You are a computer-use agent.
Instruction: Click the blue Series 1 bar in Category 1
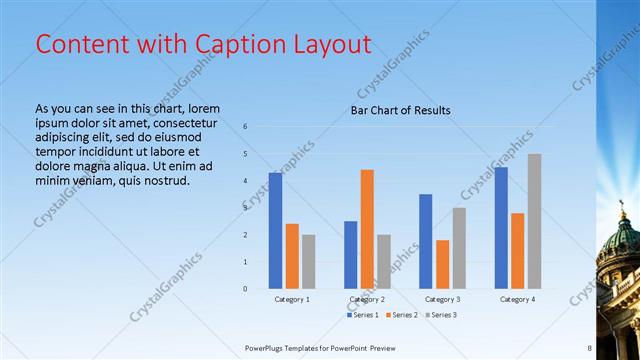pos(275,231)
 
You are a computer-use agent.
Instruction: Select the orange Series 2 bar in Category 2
pos(367,229)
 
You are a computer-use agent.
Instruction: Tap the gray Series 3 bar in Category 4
pos(534,221)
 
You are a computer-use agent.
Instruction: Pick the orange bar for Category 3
pos(442,264)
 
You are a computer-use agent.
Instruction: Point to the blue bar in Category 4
pos(500,227)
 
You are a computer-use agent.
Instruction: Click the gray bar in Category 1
pos(308,261)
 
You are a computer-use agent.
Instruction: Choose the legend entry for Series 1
pos(363,315)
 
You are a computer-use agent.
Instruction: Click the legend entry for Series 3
pos(441,315)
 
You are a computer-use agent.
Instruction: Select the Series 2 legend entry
pos(402,315)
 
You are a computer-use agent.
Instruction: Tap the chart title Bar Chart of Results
pos(400,111)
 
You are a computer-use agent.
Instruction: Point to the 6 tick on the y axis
pos(245,126)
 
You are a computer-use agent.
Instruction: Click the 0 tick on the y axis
pos(245,289)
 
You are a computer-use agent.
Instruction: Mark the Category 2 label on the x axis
pos(367,299)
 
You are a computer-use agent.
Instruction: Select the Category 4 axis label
pos(517,299)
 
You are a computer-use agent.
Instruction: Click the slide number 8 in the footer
pos(590,347)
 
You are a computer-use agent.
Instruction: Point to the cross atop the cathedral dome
pos(622,207)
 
